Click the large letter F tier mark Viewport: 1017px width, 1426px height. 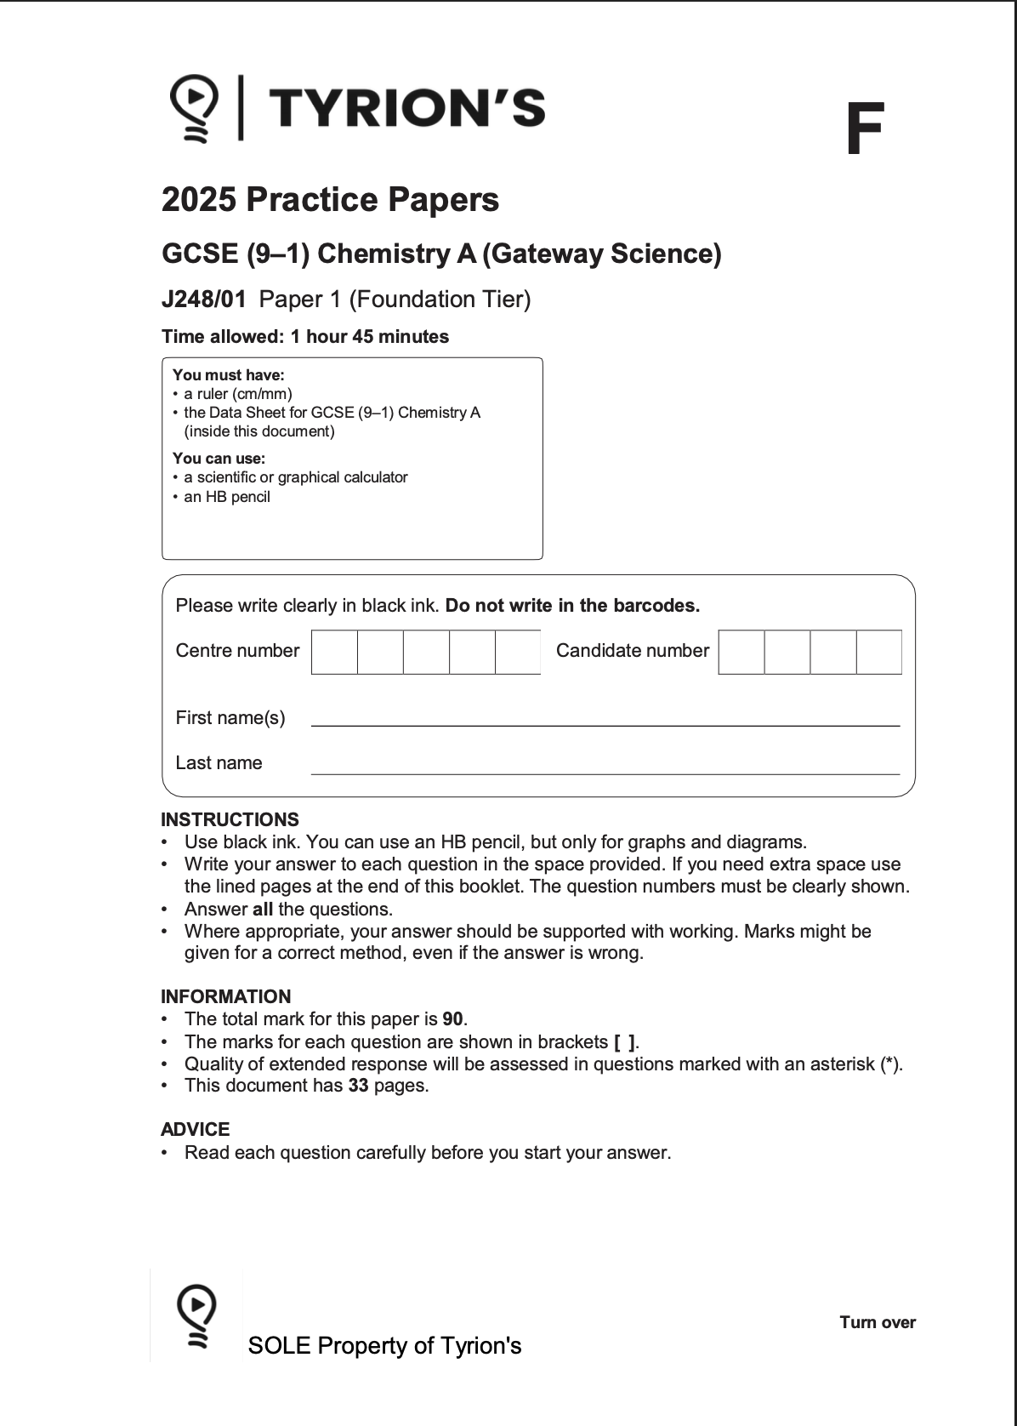coord(864,129)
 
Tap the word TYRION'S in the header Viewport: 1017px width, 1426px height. coord(406,109)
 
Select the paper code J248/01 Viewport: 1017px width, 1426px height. coord(204,299)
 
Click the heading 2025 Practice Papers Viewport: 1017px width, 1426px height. coord(330,200)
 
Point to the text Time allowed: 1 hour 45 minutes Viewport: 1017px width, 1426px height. coord(305,337)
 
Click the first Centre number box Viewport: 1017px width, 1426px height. coord(334,652)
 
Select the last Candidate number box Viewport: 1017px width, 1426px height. coord(878,652)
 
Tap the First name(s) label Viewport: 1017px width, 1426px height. coord(230,718)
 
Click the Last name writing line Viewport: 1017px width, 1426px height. coord(605,772)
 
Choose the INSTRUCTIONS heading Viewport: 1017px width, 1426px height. coord(230,819)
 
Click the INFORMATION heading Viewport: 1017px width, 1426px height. coord(225,996)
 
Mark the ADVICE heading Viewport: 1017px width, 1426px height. coord(195,1129)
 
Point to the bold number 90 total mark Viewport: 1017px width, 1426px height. coord(453,1019)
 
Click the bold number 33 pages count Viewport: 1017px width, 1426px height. coord(358,1086)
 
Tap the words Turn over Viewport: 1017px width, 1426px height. coord(877,1322)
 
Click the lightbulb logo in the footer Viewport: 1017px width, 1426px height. coord(196,1315)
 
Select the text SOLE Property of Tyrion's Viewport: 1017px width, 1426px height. coord(384,1346)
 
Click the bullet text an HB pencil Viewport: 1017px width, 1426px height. coord(226,497)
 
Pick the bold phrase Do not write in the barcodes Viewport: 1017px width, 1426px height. coord(572,606)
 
